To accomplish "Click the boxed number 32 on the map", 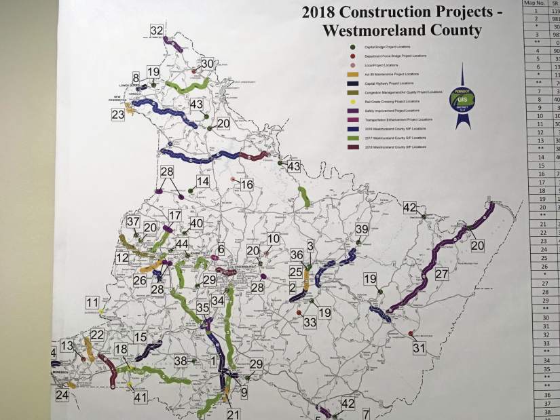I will point(157,31).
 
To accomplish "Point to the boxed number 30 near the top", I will point(207,63).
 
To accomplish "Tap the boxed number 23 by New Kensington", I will point(119,115).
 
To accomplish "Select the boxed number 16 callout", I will point(246,185).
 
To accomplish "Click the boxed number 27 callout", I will point(442,274).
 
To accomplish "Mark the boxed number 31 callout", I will point(419,349).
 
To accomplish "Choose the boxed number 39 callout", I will point(362,229).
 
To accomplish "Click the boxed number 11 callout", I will point(92,302).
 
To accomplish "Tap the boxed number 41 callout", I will point(141,398).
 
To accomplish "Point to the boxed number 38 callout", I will point(181,361).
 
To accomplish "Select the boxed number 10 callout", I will point(273,239).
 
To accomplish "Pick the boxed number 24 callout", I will point(62,395).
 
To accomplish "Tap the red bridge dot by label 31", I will point(411,332).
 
